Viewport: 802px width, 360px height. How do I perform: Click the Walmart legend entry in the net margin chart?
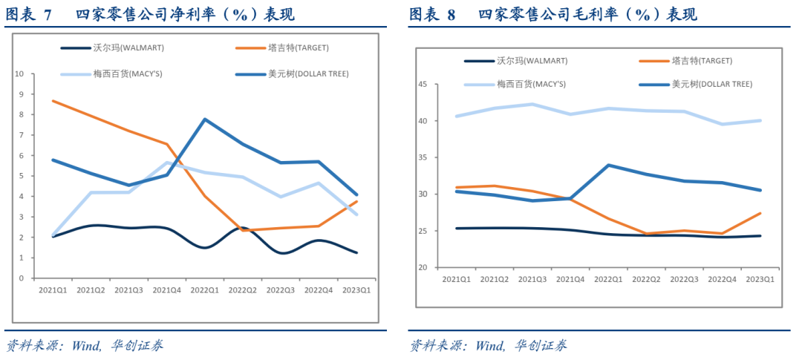[111, 48]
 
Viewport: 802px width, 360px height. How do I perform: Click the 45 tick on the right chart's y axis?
[423, 84]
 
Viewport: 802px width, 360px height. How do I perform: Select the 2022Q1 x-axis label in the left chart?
[205, 290]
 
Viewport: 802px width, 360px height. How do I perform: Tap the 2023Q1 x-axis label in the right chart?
[760, 279]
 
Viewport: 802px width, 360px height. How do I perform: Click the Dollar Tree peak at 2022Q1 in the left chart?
[205, 120]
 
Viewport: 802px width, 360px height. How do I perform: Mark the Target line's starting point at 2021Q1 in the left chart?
[53, 101]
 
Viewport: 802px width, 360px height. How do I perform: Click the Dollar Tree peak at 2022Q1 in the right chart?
[607, 165]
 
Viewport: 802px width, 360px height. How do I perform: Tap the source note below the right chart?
[488, 345]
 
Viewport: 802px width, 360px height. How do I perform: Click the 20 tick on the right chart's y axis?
[423, 267]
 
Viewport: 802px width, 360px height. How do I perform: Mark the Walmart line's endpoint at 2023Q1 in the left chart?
[356, 252]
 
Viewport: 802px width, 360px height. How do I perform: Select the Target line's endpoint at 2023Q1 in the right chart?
[760, 213]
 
